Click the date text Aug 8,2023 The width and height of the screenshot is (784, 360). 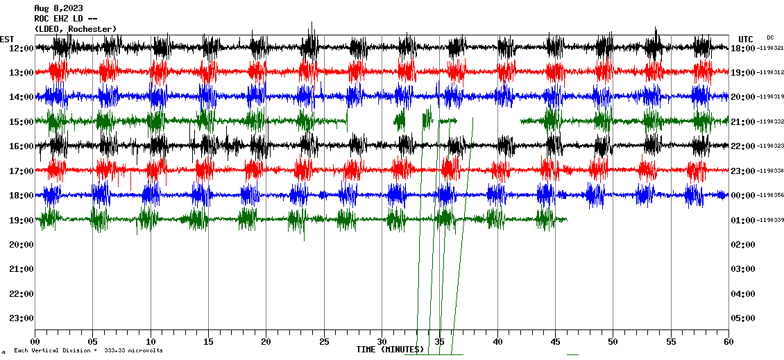coord(59,8)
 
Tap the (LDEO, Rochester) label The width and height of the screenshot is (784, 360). coord(75,28)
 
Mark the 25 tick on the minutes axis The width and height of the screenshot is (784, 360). coord(324,342)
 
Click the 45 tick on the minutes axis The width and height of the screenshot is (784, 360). coord(555,342)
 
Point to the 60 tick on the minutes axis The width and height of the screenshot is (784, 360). coord(728,342)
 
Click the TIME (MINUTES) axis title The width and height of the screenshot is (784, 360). coord(389,349)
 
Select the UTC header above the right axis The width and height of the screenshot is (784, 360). coord(746,39)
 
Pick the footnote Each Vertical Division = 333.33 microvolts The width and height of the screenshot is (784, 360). coord(88,351)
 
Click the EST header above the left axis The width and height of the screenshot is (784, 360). coord(7,39)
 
